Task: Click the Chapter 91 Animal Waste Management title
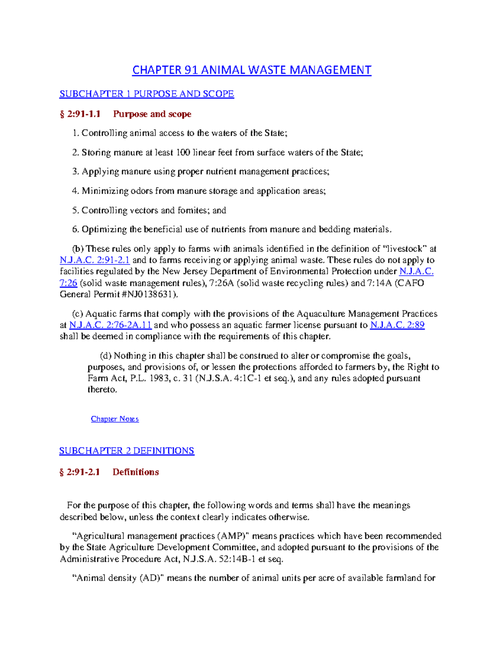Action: pyautogui.click(x=251, y=70)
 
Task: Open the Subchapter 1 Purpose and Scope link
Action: pyautogui.click(x=146, y=94)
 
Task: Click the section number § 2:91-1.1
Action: pyautogui.click(x=80, y=114)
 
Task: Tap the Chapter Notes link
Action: pyautogui.click(x=114, y=419)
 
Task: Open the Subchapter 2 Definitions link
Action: pyautogui.click(x=127, y=451)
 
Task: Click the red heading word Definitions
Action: pyautogui.click(x=136, y=472)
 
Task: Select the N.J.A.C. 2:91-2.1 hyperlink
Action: pyautogui.click(x=95, y=260)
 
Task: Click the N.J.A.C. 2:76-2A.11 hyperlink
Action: pyautogui.click(x=110, y=325)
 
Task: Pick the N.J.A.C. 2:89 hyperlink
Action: pyautogui.click(x=397, y=325)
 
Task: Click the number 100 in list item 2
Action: pyautogui.click(x=183, y=153)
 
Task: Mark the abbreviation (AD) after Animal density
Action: pyautogui.click(x=153, y=578)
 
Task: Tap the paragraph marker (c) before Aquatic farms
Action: pyautogui.click(x=78, y=314)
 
